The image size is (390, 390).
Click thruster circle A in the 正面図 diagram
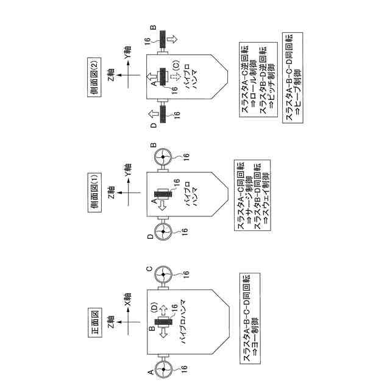[163, 369]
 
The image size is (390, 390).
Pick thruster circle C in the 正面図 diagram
[163, 275]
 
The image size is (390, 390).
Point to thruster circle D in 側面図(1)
[163, 233]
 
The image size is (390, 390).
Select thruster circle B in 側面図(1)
[163, 157]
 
